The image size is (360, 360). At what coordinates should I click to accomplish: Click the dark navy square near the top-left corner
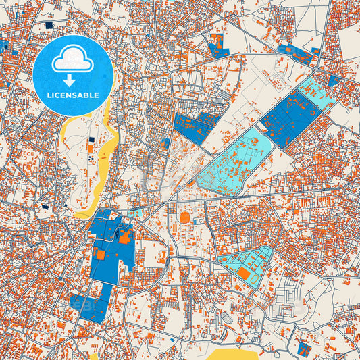point(49,25)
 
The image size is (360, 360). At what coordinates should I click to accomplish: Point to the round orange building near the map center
point(185,217)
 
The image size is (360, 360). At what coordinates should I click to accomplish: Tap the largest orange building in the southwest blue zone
point(126,236)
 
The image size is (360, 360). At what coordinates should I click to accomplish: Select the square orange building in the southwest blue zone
point(99,256)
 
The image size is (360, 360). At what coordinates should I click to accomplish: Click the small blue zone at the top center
point(216,45)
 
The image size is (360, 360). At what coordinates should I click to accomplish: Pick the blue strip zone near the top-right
point(297,54)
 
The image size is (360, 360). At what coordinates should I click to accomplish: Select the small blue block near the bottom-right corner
point(303,349)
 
